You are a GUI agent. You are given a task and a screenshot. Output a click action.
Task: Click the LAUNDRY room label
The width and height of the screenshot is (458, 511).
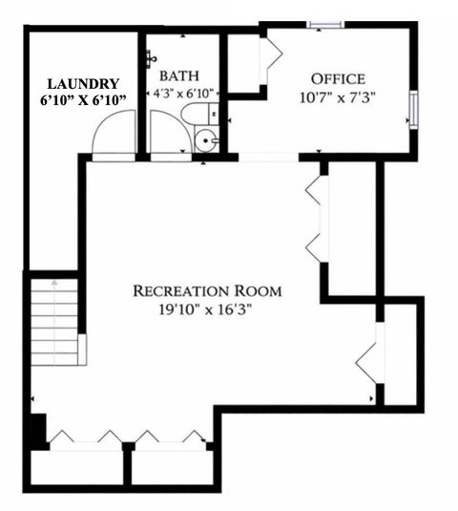pos(84,83)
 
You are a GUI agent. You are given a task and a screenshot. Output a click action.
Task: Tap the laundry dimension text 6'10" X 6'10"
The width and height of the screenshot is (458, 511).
pos(84,100)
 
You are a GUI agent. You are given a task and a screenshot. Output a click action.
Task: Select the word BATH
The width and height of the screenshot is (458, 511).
pos(179,75)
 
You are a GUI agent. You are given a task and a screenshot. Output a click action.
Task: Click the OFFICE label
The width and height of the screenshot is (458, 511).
pos(339,77)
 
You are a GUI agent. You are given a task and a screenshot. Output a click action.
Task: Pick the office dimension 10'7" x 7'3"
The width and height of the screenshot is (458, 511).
pos(339,96)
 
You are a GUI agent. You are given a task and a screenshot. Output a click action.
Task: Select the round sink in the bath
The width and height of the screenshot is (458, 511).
pos(204,143)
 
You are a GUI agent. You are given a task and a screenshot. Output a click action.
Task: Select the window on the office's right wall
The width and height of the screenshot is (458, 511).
pos(414,107)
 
